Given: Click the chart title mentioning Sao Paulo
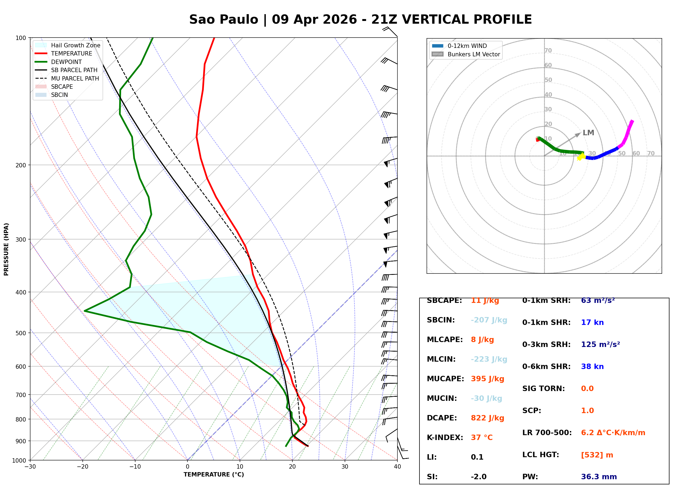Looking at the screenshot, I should pyautogui.click(x=360, y=20).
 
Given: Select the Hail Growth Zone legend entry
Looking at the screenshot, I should pyautogui.click(x=75, y=45).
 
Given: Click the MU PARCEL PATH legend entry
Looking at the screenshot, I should pyautogui.click(x=75, y=78).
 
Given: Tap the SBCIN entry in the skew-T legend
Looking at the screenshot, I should pyautogui.click(x=59, y=95).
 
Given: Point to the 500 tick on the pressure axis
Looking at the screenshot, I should pyautogui.click(x=20, y=333).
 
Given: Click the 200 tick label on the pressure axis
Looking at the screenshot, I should pyautogui.click(x=20, y=165).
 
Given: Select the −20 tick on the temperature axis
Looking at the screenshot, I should pyautogui.click(x=82, y=467).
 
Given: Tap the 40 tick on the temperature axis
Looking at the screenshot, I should pyautogui.click(x=397, y=467).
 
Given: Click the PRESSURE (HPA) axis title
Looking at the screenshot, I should pyautogui.click(x=6, y=249).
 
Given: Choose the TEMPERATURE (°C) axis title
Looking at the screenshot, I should pyautogui.click(x=214, y=475).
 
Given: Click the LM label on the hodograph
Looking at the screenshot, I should pyautogui.click(x=588, y=133).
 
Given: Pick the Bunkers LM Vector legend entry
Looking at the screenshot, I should pyautogui.click(x=474, y=54).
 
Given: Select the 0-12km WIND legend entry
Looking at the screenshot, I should pyautogui.click(x=467, y=46).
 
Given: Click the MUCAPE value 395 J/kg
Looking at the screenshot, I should pyautogui.click(x=487, y=379).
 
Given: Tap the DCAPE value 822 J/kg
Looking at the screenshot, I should pyautogui.click(x=487, y=418).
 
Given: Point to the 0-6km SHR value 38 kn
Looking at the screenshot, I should pyautogui.click(x=592, y=367).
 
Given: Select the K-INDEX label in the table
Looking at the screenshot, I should pyautogui.click(x=445, y=437).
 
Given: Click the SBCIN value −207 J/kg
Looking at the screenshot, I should pyautogui.click(x=489, y=320).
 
